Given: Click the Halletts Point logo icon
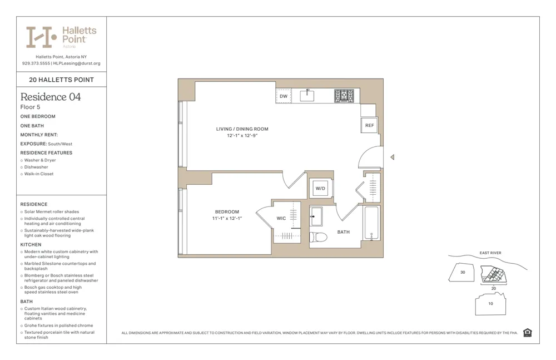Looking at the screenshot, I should [x=41, y=37].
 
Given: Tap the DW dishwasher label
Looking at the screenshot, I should [x=284, y=96].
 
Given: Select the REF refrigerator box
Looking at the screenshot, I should [x=370, y=126].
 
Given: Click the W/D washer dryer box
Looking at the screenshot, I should [x=321, y=189].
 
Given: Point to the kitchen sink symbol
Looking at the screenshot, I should [x=307, y=96].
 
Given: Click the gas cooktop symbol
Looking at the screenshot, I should [x=344, y=96].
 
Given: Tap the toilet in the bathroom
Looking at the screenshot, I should [x=318, y=236].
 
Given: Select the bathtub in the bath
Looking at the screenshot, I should [x=371, y=223].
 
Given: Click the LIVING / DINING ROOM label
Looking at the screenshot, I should [x=242, y=129].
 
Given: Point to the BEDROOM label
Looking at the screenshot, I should [x=227, y=212].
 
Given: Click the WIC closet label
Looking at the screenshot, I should [x=281, y=218].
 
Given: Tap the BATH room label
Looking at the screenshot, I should [x=344, y=232].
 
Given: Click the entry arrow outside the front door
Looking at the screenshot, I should [x=393, y=157].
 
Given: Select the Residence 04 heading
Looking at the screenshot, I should [x=51, y=97].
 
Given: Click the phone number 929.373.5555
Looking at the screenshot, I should [x=36, y=63].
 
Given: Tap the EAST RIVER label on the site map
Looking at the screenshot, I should [x=490, y=253].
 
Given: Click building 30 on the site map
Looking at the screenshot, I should [x=463, y=273].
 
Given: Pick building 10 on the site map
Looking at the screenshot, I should [x=490, y=304].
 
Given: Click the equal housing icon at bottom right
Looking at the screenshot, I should [x=528, y=333].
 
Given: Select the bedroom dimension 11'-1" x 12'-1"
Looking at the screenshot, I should [x=227, y=219].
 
